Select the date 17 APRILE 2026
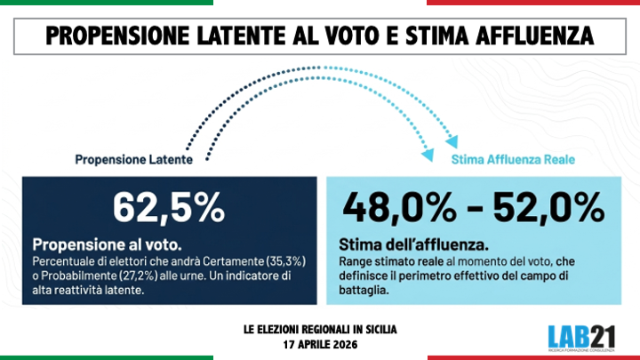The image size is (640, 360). tap(320, 342)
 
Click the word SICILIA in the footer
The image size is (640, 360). tap(377, 329)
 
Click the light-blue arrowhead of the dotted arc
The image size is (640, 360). tap(452, 139)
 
